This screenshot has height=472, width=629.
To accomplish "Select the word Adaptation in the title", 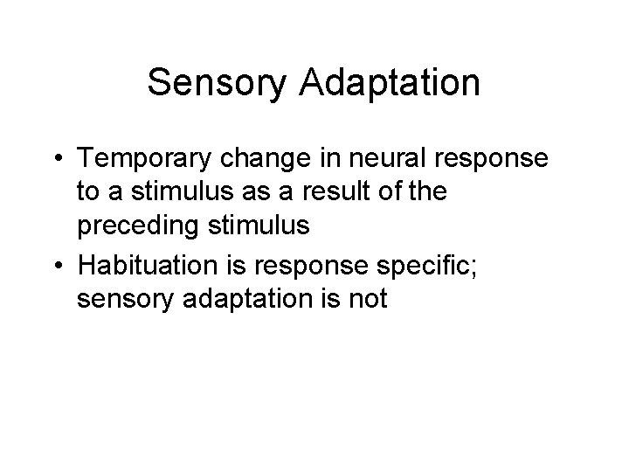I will click(x=394, y=84).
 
